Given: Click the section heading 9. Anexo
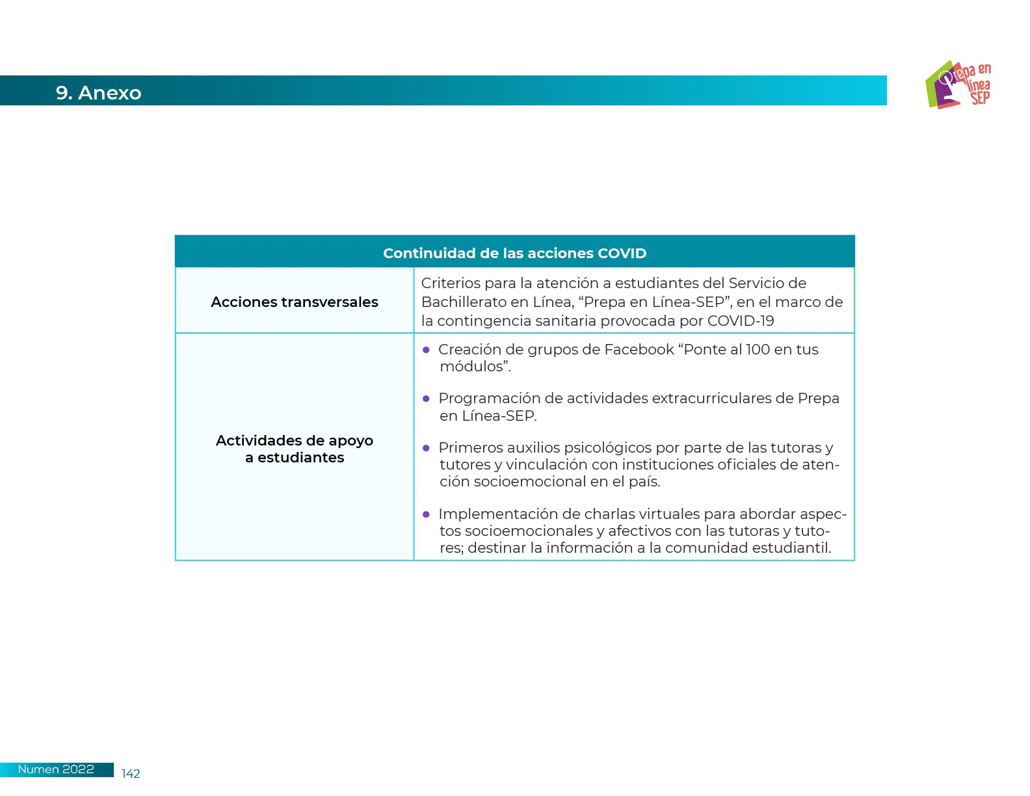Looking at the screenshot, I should click(98, 93).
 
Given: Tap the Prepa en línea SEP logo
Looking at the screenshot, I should click(958, 85).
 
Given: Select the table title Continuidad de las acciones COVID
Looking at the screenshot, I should click(514, 253).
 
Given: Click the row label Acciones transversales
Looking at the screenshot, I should click(294, 302).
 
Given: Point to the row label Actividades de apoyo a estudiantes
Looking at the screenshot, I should click(294, 449).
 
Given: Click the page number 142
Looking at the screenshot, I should click(131, 773).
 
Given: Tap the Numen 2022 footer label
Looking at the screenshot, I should click(56, 769).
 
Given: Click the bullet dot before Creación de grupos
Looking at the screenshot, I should click(427, 350).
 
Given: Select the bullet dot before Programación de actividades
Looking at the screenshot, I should click(427, 399).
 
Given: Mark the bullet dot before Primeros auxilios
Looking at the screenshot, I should click(427, 448).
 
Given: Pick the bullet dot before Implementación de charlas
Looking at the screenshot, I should click(427, 514).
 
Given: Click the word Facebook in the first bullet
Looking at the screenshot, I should click(639, 349).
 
